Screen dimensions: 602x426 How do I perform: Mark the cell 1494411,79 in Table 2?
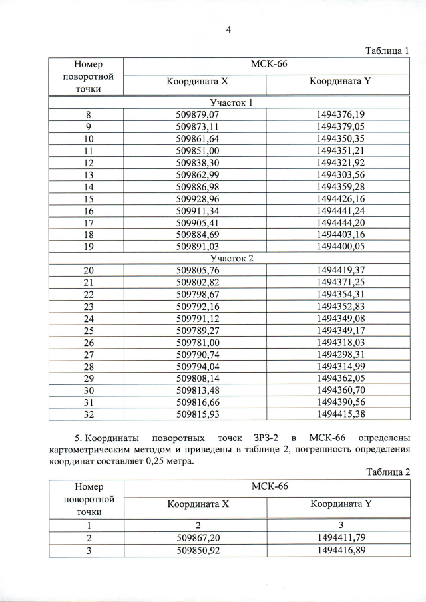tap(341, 537)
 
